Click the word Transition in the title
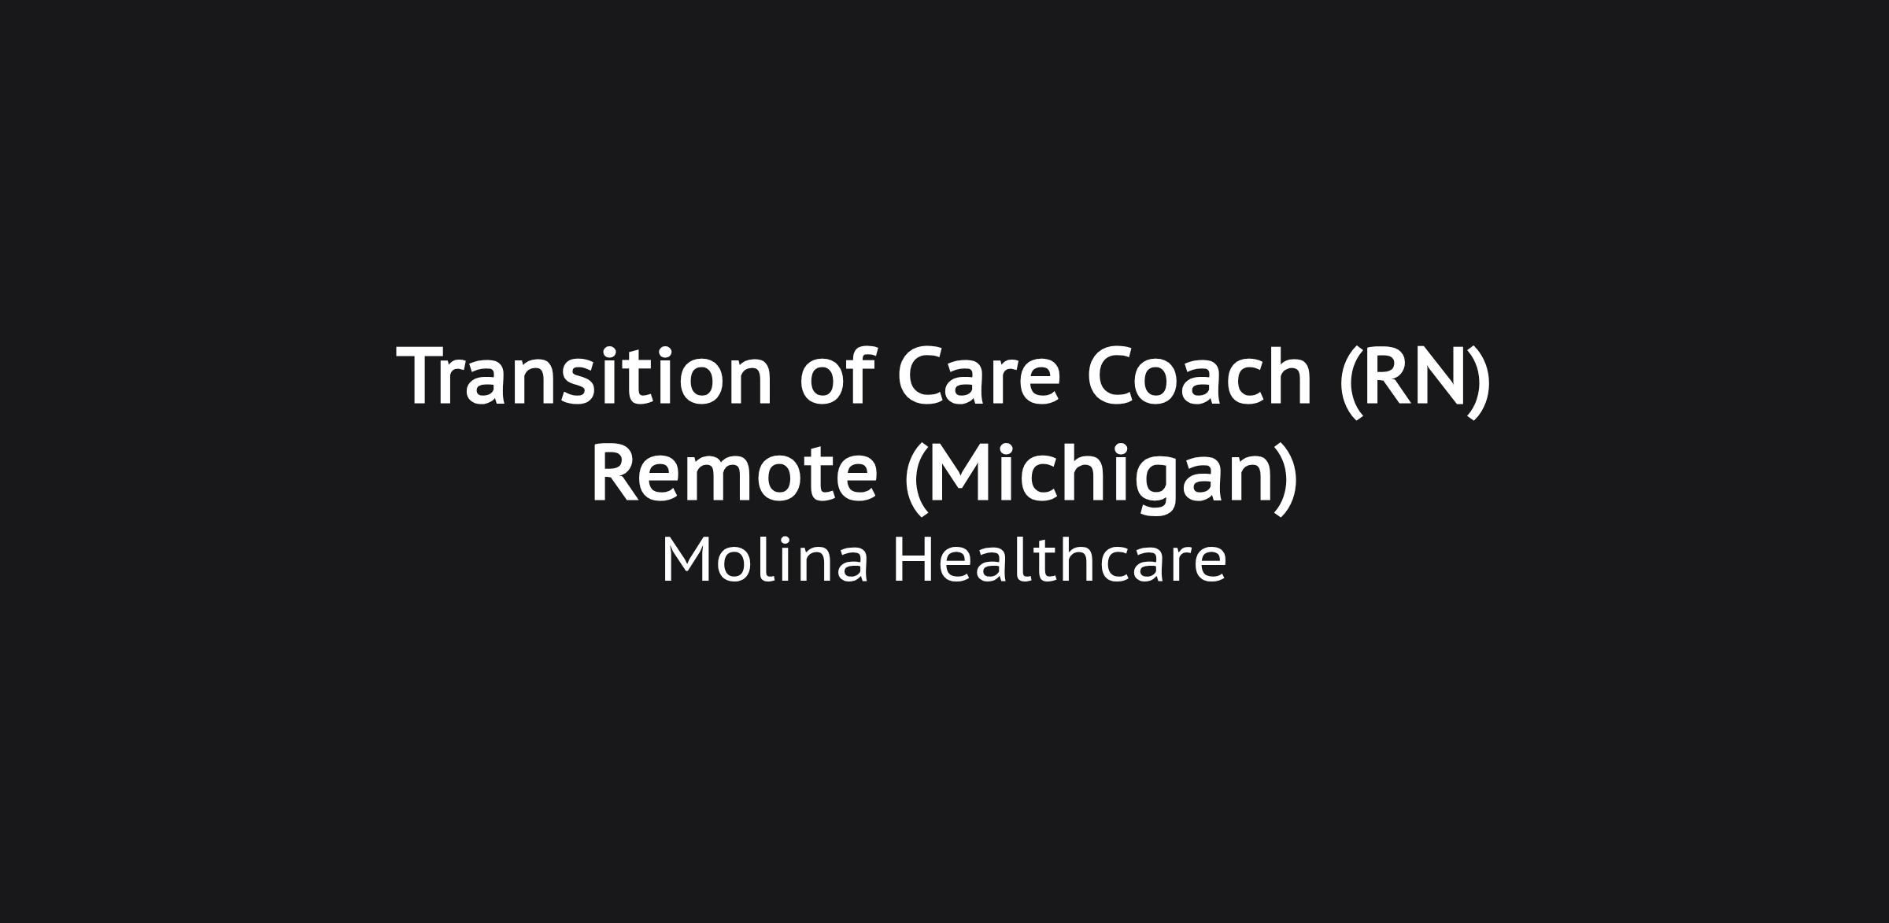(x=585, y=376)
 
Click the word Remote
(x=734, y=473)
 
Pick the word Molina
(x=765, y=559)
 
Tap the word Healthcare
(x=1059, y=559)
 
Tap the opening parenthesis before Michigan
(x=915, y=478)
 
